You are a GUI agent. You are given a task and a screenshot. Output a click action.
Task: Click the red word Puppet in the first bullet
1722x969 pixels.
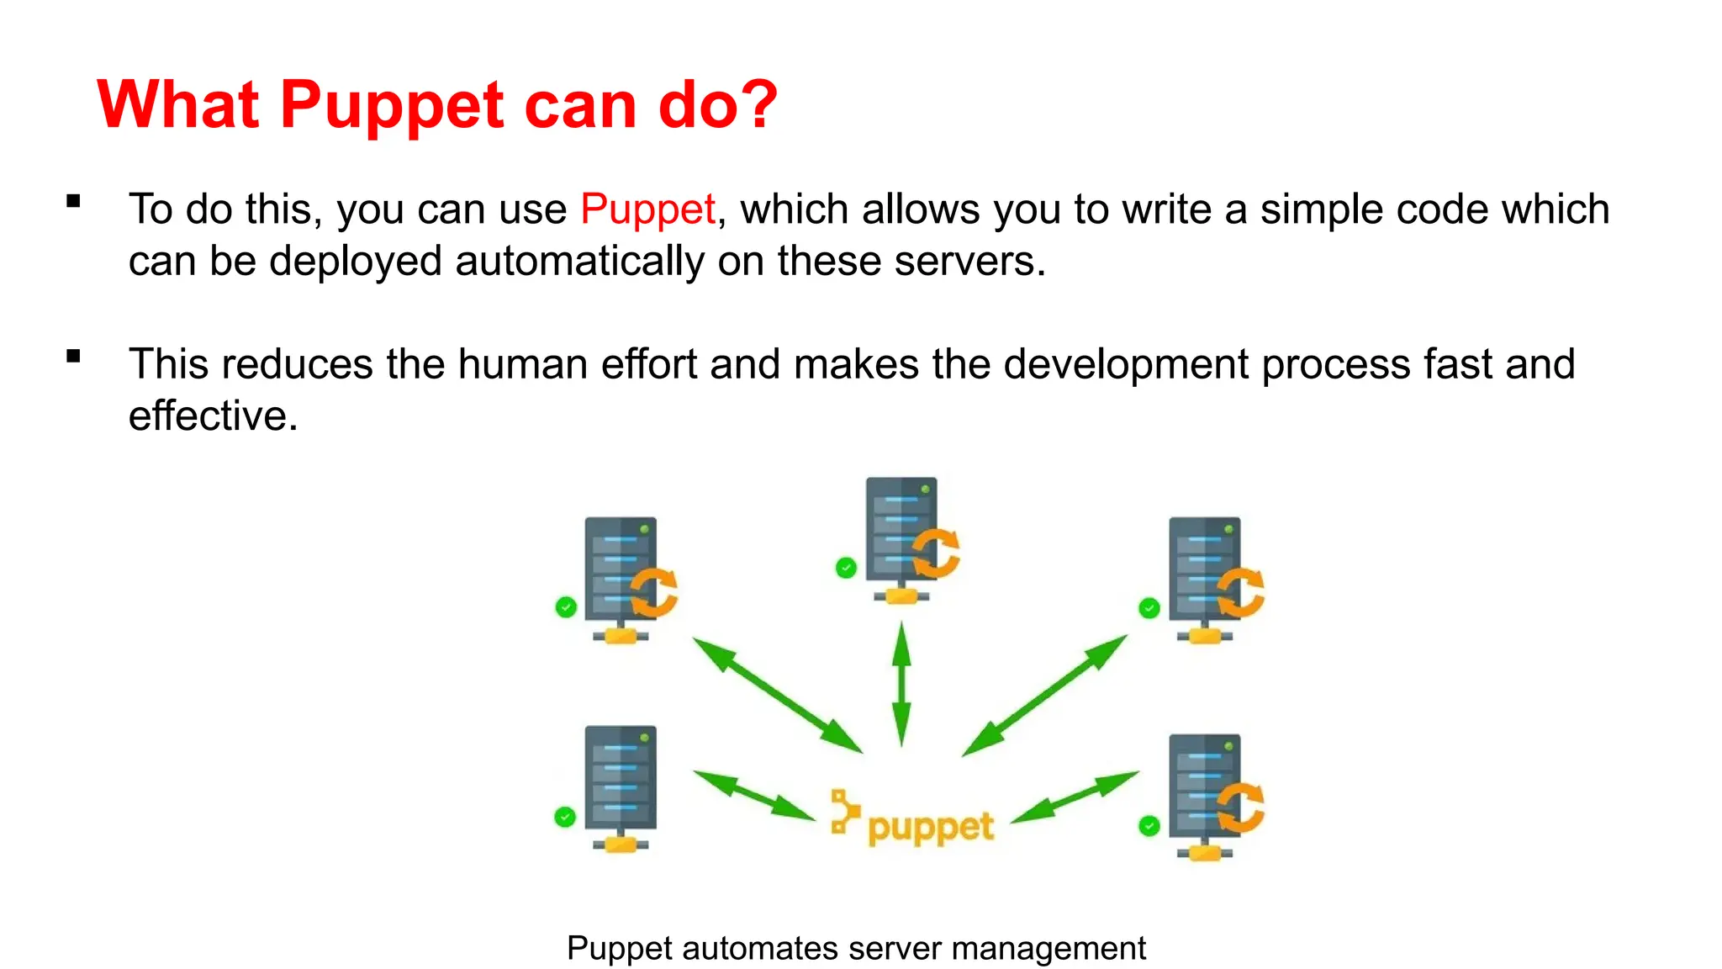[x=647, y=209]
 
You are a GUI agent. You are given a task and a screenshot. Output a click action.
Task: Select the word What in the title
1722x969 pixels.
[x=178, y=104]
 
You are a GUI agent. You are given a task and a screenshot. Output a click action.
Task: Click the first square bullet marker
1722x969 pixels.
[x=74, y=201]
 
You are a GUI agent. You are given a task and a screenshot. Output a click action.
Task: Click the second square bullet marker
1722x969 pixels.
[x=74, y=356]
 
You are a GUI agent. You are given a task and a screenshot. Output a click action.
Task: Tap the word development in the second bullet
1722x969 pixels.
[x=1125, y=364]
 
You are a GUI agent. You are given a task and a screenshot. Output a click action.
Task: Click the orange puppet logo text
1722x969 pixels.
[x=929, y=827]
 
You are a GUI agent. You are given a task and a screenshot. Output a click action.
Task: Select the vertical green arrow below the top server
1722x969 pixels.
[x=901, y=683]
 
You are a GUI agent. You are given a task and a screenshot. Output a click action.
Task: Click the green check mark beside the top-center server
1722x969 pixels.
[x=846, y=568]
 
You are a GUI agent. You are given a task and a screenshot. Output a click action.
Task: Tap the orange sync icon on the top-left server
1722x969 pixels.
[x=653, y=592]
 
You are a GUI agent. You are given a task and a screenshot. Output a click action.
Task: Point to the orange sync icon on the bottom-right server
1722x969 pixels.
[x=1240, y=807]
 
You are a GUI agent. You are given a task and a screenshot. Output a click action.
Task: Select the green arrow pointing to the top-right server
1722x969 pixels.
[x=1045, y=695]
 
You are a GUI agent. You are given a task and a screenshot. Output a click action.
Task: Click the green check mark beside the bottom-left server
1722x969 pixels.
[x=565, y=817]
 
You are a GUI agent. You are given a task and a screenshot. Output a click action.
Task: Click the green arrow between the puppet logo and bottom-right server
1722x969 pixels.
[x=1075, y=797]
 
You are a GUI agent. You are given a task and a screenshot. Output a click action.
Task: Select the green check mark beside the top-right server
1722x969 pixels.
[x=1149, y=608]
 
